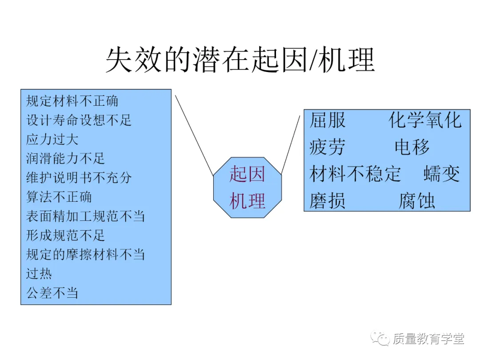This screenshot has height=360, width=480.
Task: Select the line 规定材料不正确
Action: [x=72, y=101]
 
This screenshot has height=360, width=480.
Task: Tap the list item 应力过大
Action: [x=52, y=140]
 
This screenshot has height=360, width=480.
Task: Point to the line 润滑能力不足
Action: [x=65, y=159]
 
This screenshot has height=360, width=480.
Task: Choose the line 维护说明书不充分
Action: [x=79, y=178]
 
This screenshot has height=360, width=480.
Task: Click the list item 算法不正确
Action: [x=59, y=197]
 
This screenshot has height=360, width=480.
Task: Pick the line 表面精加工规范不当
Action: [x=85, y=216]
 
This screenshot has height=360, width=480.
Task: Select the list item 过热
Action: [x=39, y=274]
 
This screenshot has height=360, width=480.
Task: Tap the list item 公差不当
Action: [x=52, y=293]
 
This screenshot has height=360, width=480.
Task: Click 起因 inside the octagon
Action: [x=247, y=174]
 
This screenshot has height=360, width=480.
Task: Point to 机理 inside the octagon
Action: [x=247, y=201]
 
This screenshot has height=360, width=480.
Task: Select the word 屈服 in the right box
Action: [x=327, y=120]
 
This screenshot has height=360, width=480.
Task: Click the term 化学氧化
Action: [x=425, y=120]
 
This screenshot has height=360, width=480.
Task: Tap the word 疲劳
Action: [x=327, y=147]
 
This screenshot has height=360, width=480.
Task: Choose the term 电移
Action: [x=412, y=147]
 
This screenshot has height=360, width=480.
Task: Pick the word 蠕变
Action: [x=441, y=174]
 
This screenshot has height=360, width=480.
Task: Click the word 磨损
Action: [x=327, y=201]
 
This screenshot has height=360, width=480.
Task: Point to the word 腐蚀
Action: [x=416, y=201]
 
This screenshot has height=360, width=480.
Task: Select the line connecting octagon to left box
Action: [x=194, y=135]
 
